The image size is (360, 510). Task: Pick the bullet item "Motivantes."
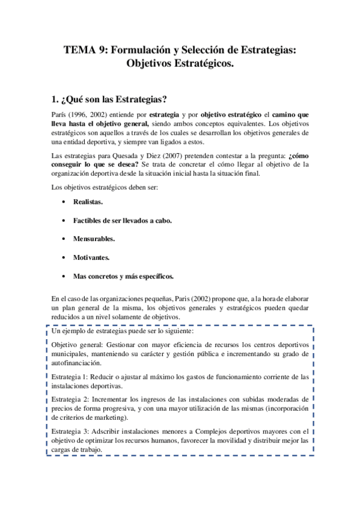tap(91, 257)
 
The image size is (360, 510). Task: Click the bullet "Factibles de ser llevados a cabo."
tap(123, 221)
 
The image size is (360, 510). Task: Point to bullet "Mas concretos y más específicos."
tap(123, 276)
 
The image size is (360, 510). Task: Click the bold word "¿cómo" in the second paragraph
tap(299, 155)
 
